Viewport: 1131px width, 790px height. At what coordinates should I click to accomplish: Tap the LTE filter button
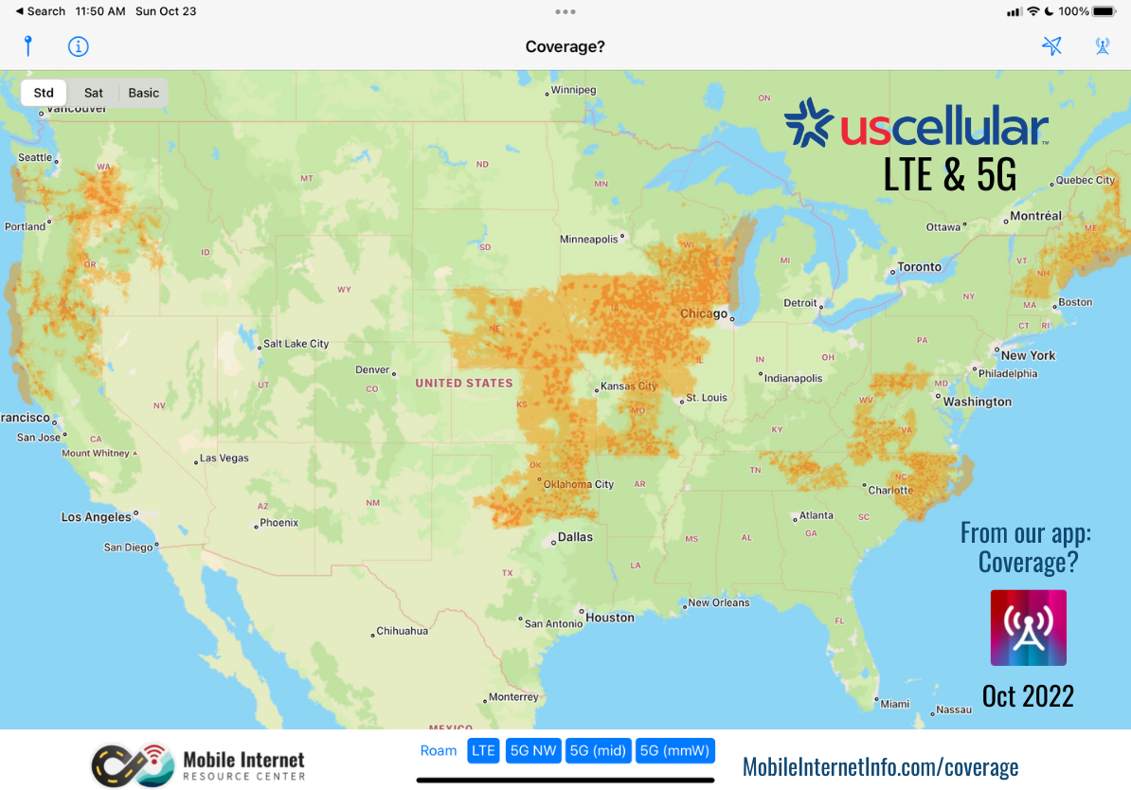click(483, 751)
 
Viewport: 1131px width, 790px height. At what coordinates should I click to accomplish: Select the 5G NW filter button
click(533, 751)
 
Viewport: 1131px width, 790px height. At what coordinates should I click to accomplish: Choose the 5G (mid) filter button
click(598, 751)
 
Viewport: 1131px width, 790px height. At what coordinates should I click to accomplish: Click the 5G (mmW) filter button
click(674, 751)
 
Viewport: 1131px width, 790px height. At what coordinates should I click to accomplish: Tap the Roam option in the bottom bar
click(439, 751)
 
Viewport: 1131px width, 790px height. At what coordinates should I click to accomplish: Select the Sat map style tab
click(94, 93)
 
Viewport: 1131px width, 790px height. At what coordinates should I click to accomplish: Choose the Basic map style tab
click(144, 93)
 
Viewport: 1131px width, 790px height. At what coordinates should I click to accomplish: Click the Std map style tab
click(44, 93)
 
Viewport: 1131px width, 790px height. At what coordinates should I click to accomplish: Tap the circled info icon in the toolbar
click(79, 46)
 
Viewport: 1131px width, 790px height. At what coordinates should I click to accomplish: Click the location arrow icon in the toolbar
click(1051, 46)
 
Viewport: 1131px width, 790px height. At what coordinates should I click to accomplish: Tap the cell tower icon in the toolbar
click(1103, 46)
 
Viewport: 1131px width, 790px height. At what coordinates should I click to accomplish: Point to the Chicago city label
click(704, 314)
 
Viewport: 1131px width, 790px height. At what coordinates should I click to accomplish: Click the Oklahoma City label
click(579, 484)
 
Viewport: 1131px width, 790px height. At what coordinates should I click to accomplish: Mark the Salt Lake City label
click(296, 344)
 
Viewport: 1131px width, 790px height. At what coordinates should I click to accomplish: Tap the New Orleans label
click(718, 602)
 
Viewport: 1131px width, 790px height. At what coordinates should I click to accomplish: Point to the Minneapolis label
click(588, 240)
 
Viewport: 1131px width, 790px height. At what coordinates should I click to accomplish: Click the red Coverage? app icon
click(1028, 628)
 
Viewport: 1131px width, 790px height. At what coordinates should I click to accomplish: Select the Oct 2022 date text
click(1028, 696)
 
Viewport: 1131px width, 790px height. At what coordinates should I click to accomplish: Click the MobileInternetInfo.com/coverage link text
click(880, 766)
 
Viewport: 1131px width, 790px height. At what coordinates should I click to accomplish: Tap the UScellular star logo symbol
click(807, 124)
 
